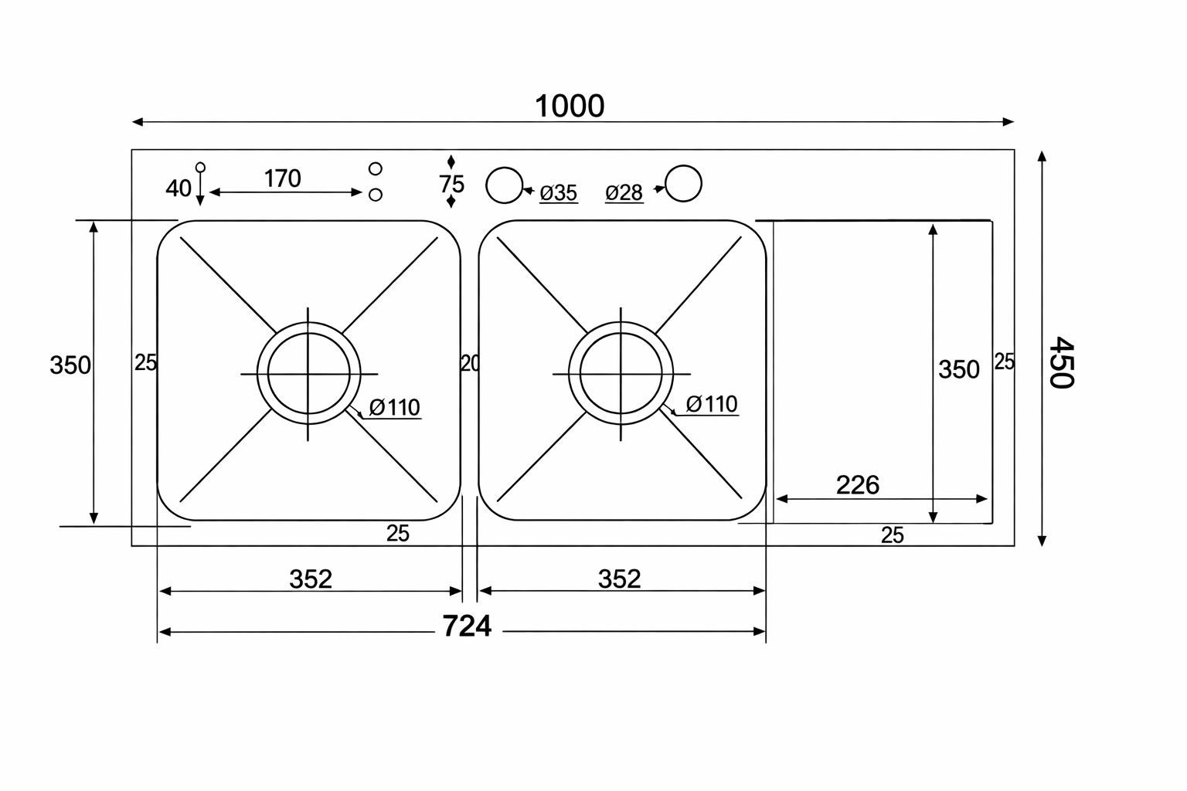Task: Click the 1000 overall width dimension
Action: [570, 106]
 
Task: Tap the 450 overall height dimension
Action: [1061, 362]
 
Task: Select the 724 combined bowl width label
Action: [467, 626]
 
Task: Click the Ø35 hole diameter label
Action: [559, 193]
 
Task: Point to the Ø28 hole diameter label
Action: [624, 193]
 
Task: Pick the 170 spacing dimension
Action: [282, 178]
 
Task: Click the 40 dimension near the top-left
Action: [178, 188]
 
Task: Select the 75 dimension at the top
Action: [451, 185]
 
